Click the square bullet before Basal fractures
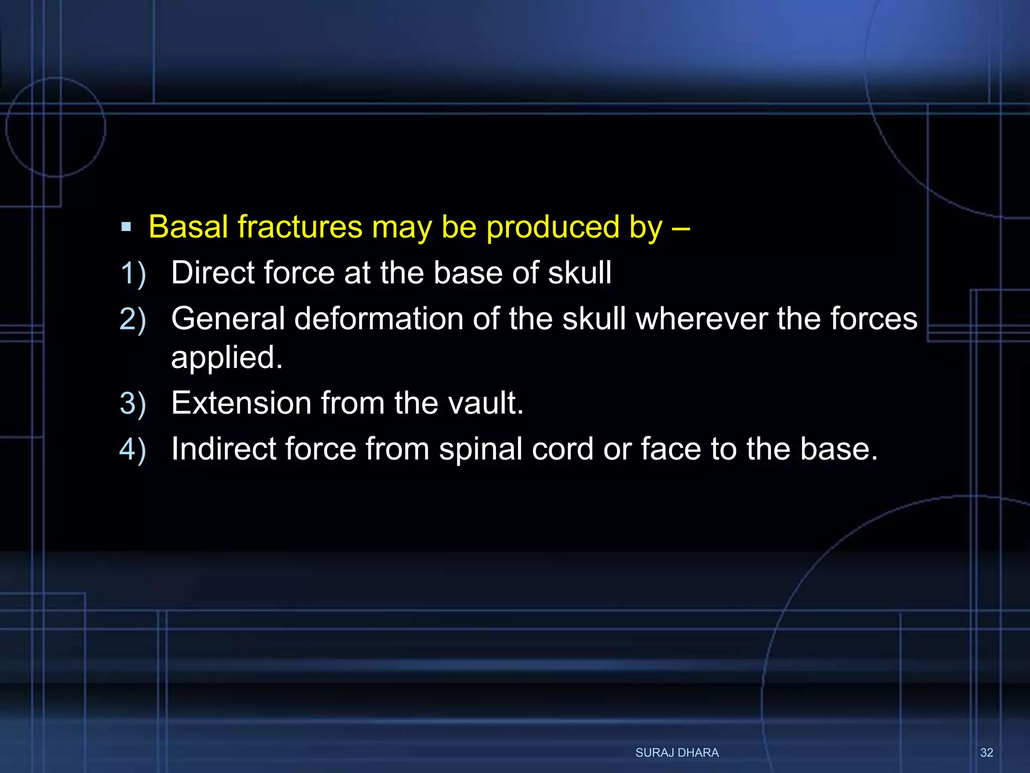(126, 227)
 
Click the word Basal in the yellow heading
(189, 227)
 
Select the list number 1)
(133, 274)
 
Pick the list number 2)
(133, 320)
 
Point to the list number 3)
(133, 404)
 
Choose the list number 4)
(133, 449)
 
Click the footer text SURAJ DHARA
(677, 752)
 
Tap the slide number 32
(986, 752)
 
